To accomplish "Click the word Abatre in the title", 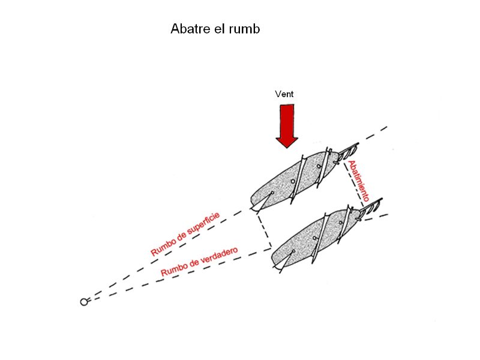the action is (188, 29).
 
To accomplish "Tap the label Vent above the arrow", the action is (284, 94).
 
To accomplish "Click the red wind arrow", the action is (287, 126).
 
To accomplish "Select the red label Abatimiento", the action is (359, 181).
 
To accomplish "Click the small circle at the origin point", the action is (83, 302).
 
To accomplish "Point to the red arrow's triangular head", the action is (287, 142).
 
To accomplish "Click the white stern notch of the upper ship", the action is (261, 203).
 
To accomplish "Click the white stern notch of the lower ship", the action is (283, 261).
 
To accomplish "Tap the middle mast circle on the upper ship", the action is (293, 181).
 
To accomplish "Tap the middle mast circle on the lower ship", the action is (314, 238).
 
